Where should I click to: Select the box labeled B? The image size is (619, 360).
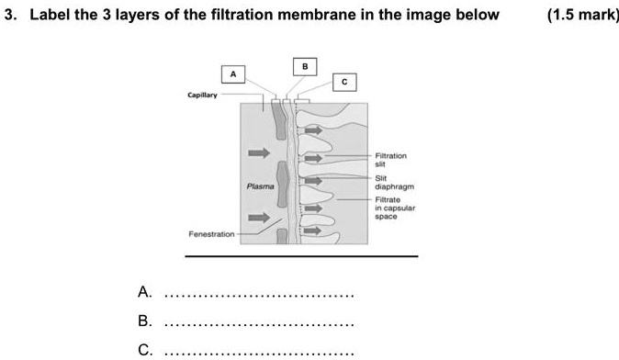pos(305,65)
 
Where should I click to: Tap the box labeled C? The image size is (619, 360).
pos(343,83)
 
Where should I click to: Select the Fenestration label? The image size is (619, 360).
pos(211,234)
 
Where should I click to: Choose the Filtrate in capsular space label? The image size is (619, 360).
pos(396,208)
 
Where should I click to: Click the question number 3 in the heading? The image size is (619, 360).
pos(7,15)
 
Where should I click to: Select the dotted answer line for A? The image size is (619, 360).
pos(257,296)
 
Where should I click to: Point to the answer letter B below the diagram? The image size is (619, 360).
pos(143,321)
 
